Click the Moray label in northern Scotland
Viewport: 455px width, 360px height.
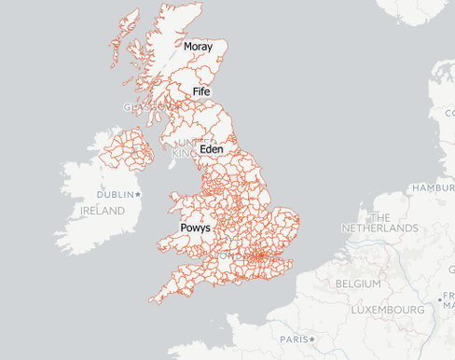(198, 47)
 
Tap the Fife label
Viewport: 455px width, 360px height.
(200, 91)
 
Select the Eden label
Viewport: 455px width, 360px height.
(212, 148)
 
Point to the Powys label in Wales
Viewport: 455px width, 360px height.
(195, 228)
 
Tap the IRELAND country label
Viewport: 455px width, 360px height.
(102, 211)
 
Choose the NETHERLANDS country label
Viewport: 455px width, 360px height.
(379, 228)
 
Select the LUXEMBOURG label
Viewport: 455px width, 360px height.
(388, 308)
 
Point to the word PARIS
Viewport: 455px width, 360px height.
(293, 339)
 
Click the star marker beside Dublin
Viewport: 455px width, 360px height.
(138, 194)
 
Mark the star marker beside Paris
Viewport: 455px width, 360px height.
(312, 339)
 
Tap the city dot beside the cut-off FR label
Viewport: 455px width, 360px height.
(439, 299)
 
